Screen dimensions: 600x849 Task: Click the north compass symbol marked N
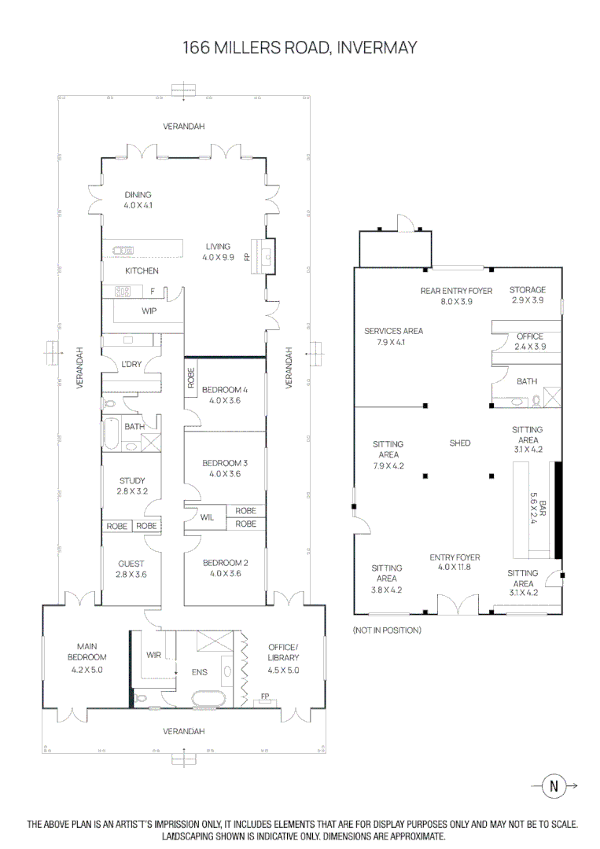coord(554,785)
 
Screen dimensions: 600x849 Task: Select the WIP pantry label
coord(149,311)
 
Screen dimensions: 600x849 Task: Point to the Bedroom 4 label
coord(225,395)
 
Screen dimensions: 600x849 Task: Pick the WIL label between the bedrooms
coord(207,517)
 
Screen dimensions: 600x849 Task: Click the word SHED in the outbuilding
coord(460,443)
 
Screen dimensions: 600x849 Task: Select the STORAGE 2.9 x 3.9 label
coord(528,295)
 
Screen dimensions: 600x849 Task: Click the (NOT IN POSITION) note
coord(387,630)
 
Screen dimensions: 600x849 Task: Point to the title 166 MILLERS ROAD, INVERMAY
coord(300,48)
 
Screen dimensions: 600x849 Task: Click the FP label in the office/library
coord(265,696)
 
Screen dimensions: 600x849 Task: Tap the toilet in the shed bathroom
coord(536,400)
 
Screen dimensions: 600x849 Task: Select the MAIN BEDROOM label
coord(87,652)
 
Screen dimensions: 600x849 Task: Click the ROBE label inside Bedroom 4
coord(190,378)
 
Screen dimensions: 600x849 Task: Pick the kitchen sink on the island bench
coord(123,250)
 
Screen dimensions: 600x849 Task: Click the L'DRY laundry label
coord(131,365)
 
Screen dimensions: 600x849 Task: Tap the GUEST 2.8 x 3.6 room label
coord(131,569)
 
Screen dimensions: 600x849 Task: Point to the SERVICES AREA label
coord(394,336)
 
